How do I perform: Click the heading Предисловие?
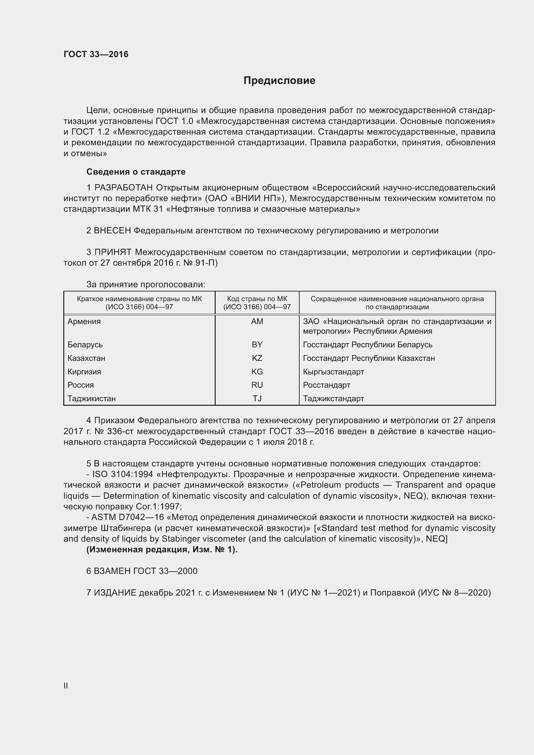pyautogui.click(x=279, y=81)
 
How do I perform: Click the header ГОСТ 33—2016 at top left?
pyautogui.click(x=96, y=54)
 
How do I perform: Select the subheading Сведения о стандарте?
pyautogui.click(x=136, y=172)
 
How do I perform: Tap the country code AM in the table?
pyautogui.click(x=257, y=321)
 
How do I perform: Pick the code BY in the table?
pyautogui.click(x=257, y=344)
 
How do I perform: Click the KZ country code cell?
pyautogui.click(x=257, y=358)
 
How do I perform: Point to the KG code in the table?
pyautogui.click(x=257, y=372)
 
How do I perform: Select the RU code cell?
pyautogui.click(x=257, y=385)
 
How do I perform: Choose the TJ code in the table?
pyautogui.click(x=257, y=398)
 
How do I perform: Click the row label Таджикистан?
pyautogui.click(x=91, y=399)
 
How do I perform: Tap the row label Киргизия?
pyautogui.click(x=84, y=372)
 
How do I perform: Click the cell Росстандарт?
pyautogui.click(x=326, y=385)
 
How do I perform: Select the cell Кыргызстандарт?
pyautogui.click(x=334, y=372)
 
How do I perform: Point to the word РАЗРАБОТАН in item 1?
pyautogui.click(x=124, y=188)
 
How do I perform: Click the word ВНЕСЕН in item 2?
pyautogui.click(x=112, y=230)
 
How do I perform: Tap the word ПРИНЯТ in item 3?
pyautogui.click(x=113, y=252)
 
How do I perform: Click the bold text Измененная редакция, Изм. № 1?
pyautogui.click(x=162, y=549)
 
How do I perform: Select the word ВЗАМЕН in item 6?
pyautogui.click(x=112, y=571)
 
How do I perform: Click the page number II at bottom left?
pyautogui.click(x=66, y=686)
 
